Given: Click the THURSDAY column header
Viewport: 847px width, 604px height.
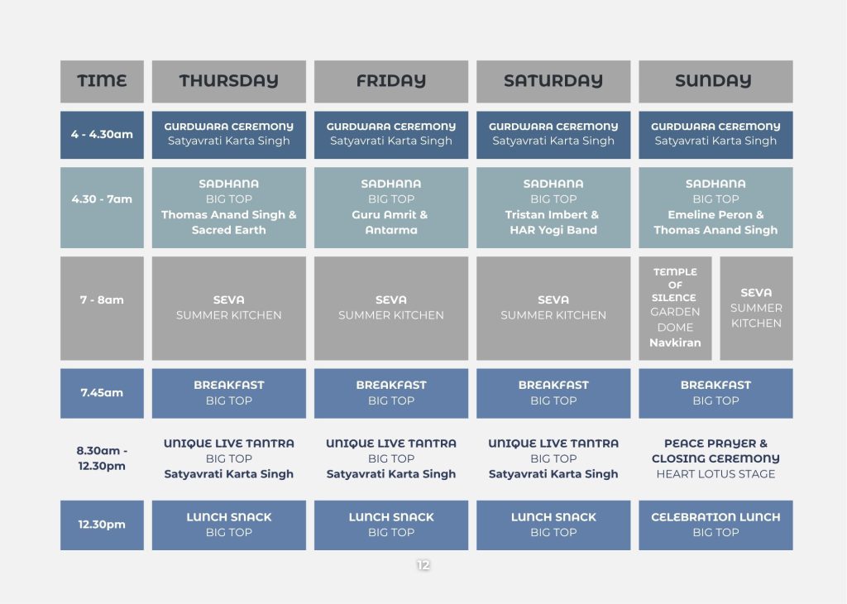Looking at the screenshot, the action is point(228,81).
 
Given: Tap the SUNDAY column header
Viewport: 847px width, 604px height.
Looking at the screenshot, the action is point(715,81).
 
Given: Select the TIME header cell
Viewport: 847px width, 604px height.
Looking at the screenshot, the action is point(102,81).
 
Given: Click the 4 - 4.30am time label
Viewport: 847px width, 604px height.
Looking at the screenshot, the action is point(102,134).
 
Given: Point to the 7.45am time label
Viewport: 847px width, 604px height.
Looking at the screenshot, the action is point(102,393).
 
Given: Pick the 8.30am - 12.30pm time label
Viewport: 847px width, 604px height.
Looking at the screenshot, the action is point(102,458).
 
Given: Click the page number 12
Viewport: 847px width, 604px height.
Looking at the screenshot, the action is point(423,564).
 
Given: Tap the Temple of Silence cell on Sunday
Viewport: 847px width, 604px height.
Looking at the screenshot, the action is point(675,308).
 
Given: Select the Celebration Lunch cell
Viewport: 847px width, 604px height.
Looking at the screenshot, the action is point(715,525).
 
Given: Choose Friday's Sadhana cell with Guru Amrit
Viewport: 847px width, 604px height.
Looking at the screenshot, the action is point(391,208).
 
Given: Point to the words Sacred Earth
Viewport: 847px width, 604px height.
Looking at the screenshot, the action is point(228,230).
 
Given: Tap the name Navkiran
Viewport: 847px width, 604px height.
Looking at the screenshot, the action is point(675,343).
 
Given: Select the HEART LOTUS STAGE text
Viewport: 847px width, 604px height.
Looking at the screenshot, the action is point(715,474).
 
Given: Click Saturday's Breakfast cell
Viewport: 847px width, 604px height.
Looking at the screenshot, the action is point(553,393).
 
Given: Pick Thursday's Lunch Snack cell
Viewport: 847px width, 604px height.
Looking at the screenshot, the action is point(228,525).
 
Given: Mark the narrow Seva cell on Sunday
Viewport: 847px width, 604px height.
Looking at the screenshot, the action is point(756,308).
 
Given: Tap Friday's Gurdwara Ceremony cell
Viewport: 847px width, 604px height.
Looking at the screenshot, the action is point(391,135).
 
